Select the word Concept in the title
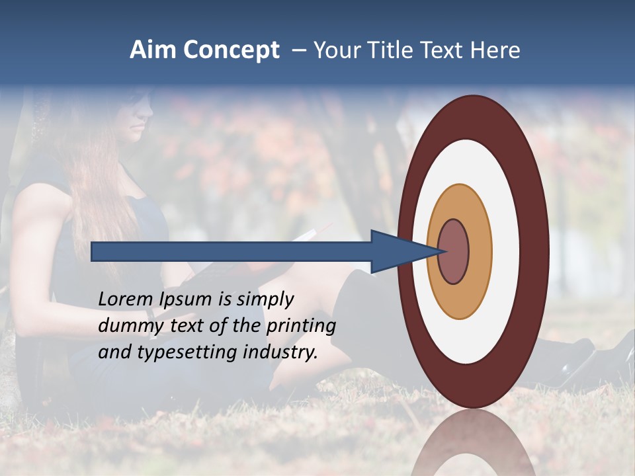point(232,51)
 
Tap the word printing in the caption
point(300,326)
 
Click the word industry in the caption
point(280,352)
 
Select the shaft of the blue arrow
point(232,251)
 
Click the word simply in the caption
point(265,299)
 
